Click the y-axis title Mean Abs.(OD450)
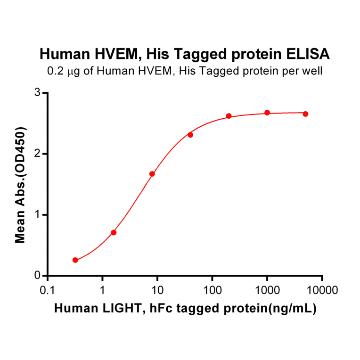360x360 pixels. [x=20, y=184]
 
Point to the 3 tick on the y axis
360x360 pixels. [x=38, y=93]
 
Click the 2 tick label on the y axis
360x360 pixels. [x=38, y=154]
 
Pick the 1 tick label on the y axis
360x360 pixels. [x=38, y=215]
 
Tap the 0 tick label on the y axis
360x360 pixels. [x=38, y=276]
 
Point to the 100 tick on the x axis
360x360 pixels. [x=212, y=289]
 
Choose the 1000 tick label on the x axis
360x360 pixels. [x=267, y=289]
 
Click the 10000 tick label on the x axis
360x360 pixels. [x=322, y=289]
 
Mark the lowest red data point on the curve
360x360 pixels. [x=75, y=260]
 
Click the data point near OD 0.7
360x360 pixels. [x=114, y=232]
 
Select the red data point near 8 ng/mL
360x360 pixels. [x=152, y=174]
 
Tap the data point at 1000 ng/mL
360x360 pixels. [x=267, y=113]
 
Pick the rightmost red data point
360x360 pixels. [x=305, y=114]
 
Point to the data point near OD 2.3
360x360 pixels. [x=190, y=135]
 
